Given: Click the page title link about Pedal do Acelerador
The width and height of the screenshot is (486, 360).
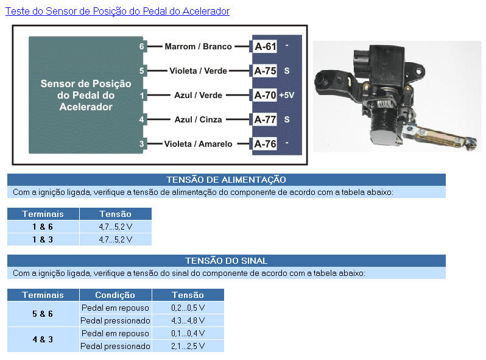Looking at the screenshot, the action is (118, 11).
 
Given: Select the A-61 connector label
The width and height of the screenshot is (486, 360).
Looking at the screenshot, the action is (265, 46).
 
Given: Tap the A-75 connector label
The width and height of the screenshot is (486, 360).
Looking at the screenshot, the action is (265, 71).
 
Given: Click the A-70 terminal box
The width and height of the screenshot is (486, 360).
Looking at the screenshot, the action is (265, 95).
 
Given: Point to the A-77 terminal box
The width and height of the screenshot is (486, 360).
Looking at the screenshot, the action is (265, 119).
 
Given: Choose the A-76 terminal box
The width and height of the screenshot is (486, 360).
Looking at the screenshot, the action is (265, 144).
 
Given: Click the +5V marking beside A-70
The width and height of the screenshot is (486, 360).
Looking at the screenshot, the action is (287, 95).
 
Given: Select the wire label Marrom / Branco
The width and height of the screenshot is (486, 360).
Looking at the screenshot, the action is (198, 46).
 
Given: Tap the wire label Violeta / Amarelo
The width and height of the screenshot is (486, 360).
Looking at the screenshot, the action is (198, 144).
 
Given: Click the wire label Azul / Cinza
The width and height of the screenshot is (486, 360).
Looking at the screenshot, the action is (198, 119).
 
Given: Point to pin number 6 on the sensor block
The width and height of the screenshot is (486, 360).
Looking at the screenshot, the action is (141, 46).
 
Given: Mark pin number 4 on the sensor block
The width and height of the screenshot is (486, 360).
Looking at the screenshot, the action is (141, 119).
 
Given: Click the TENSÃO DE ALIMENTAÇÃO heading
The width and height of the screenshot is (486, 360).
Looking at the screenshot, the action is (227, 180).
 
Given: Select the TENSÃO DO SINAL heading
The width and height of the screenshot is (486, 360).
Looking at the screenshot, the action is (227, 261).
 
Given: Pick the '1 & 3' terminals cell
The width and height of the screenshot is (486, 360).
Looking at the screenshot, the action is (43, 239).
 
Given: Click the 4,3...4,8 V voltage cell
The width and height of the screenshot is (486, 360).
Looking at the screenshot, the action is (188, 320).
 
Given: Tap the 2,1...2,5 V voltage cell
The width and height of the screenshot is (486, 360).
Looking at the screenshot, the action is (188, 346).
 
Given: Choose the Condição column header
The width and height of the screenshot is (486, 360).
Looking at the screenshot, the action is (115, 295).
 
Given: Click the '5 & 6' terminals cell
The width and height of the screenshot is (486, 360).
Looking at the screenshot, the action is (43, 314).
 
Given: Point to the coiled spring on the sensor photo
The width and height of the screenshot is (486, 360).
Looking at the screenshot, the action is (385, 102).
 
